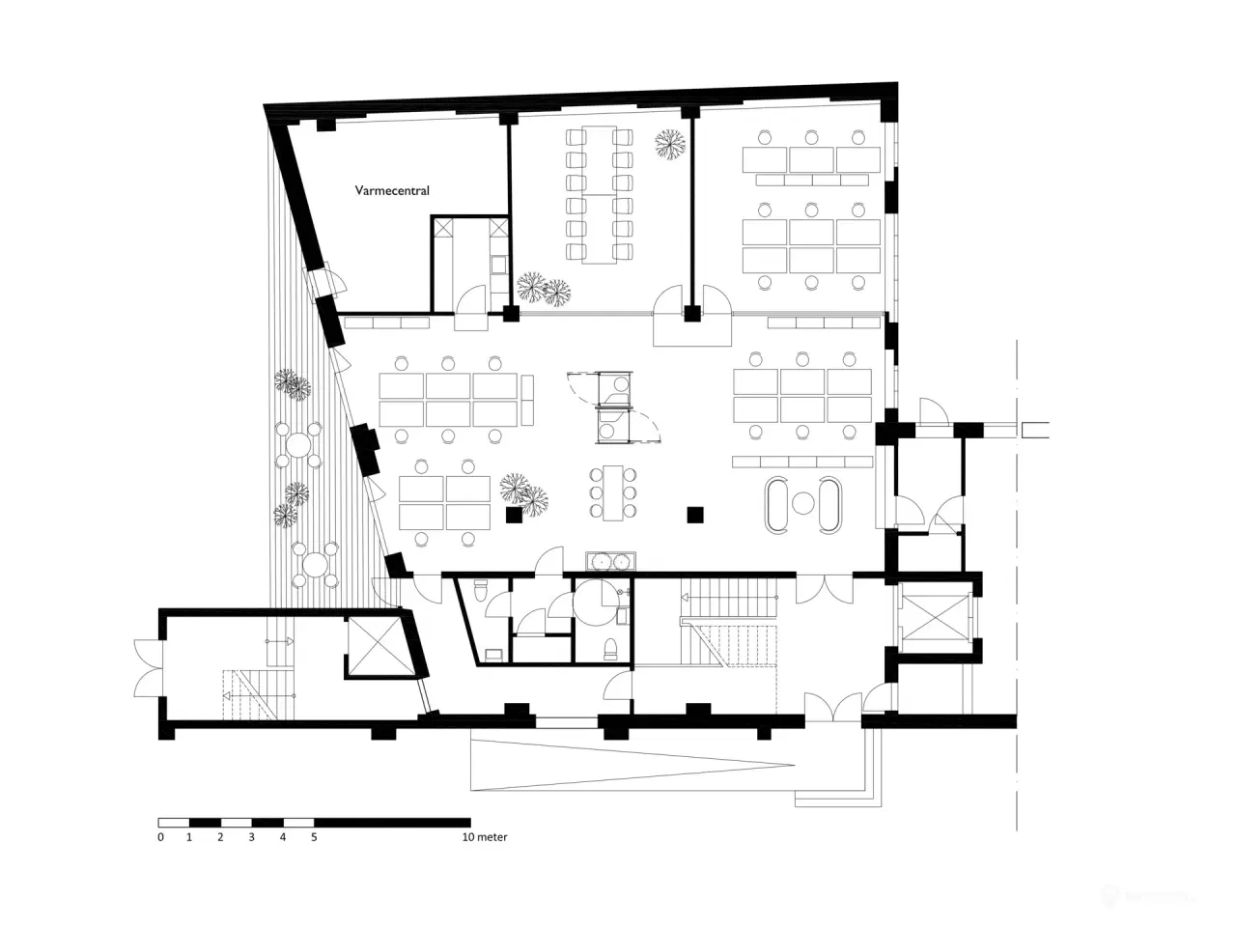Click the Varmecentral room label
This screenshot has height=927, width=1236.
coord(392,191)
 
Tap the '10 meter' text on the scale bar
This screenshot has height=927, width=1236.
coord(485,837)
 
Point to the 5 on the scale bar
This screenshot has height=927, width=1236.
coord(314,837)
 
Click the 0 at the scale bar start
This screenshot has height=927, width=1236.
coord(161,837)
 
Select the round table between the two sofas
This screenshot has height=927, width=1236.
coord(802,503)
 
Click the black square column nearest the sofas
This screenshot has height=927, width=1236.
coord(693,514)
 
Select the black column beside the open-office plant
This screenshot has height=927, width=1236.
coord(514,516)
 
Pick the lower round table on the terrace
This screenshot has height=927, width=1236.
coord(315,566)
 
